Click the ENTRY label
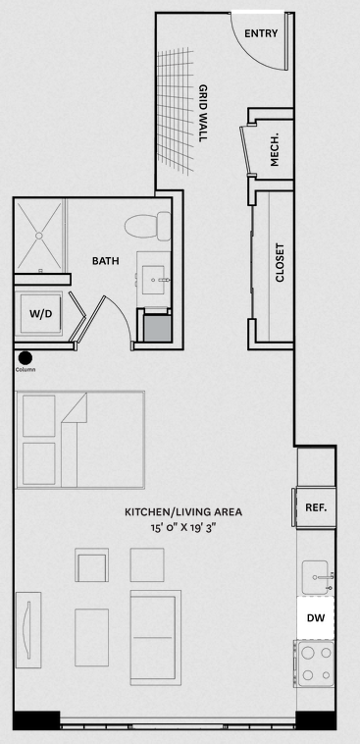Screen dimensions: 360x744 pyautogui.click(x=261, y=33)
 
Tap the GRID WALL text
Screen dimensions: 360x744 pyautogui.click(x=203, y=113)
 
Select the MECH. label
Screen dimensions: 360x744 pyautogui.click(x=274, y=152)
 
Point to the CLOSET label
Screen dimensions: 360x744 pyautogui.click(x=280, y=263)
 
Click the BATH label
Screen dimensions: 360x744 pyautogui.click(x=105, y=260)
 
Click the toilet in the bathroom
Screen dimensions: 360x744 pyautogui.click(x=147, y=226)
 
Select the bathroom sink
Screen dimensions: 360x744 pyautogui.click(x=153, y=279)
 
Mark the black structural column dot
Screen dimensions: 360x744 pyautogui.click(x=25, y=357)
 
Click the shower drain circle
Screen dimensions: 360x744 pyautogui.click(x=39, y=236)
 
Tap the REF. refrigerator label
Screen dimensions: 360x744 pyautogui.click(x=316, y=507)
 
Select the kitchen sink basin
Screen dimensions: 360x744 pyautogui.click(x=316, y=577)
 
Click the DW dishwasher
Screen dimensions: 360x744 pyautogui.click(x=316, y=617)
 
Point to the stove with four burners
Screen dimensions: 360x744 pyautogui.click(x=315, y=664)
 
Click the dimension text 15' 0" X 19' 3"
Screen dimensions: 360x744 pyautogui.click(x=183, y=526)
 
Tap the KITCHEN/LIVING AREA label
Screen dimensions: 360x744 pyautogui.click(x=183, y=512)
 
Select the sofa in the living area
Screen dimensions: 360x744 pyautogui.click(x=156, y=637)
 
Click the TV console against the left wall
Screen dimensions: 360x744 pyautogui.click(x=28, y=629)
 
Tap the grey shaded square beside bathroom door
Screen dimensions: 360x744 pyautogui.click(x=158, y=329)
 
